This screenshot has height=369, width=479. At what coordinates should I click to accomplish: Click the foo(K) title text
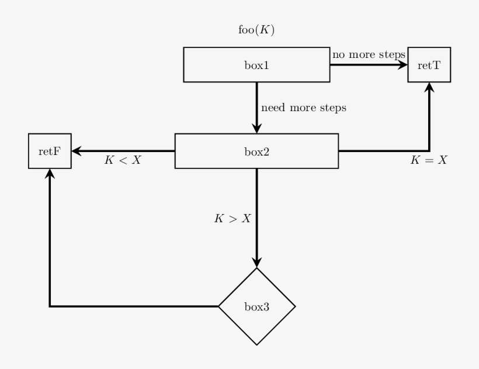pyautogui.click(x=256, y=30)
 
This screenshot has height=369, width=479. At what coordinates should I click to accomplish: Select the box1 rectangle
pyautogui.click(x=256, y=65)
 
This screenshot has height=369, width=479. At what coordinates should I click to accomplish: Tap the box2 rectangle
pyautogui.click(x=256, y=151)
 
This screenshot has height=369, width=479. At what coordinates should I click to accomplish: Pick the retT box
pyautogui.click(x=429, y=65)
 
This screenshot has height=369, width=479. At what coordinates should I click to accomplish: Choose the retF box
pyautogui.click(x=50, y=151)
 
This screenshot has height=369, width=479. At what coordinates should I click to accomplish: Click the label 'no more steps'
pyautogui.click(x=369, y=55)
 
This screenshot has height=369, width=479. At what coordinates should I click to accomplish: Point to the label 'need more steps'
pyautogui.click(x=303, y=108)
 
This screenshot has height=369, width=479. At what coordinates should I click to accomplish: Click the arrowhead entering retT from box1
pyautogui.click(x=403, y=65)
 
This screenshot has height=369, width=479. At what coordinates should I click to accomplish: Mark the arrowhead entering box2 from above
pyautogui.click(x=256, y=129)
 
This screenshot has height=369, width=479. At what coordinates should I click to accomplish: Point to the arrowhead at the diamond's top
pyautogui.click(x=256, y=263)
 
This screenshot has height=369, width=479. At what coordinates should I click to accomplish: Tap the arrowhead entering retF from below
pyautogui.click(x=50, y=174)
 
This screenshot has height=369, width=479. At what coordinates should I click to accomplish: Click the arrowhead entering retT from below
pyautogui.click(x=429, y=87)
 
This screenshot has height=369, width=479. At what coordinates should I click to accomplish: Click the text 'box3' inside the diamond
pyautogui.click(x=256, y=306)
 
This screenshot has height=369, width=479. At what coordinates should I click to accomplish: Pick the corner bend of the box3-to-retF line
pyautogui.click(x=50, y=306)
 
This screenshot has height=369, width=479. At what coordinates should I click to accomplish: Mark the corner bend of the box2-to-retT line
pyautogui.click(x=429, y=151)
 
